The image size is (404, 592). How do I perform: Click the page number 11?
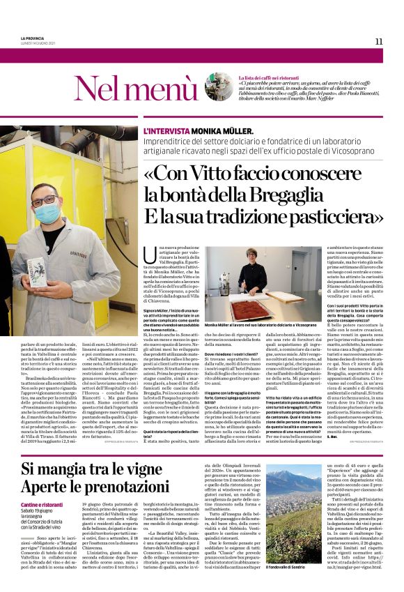378,41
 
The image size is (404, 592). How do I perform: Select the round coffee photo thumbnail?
219,87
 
